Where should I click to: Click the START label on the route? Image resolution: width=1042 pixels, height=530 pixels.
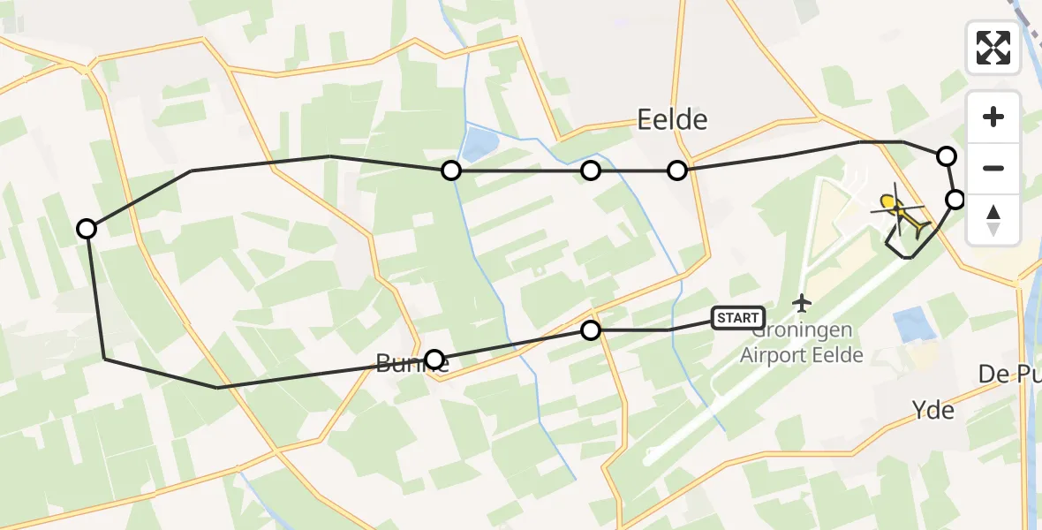pyautogui.click(x=737, y=318)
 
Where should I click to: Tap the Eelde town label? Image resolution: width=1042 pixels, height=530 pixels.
pyautogui.click(x=672, y=120)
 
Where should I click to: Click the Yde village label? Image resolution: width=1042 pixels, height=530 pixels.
pyautogui.click(x=934, y=411)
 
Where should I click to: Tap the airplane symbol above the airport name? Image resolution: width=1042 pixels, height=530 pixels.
pyautogui.click(x=802, y=304)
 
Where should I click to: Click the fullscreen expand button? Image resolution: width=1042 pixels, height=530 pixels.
pyautogui.click(x=993, y=48)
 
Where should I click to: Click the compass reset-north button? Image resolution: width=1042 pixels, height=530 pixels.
pyautogui.click(x=993, y=220)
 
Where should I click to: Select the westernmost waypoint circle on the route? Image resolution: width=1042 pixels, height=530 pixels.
pyautogui.click(x=87, y=229)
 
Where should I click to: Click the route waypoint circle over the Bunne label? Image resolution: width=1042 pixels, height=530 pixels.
pyautogui.click(x=434, y=359)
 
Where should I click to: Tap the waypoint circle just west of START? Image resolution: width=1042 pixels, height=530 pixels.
pyautogui.click(x=591, y=330)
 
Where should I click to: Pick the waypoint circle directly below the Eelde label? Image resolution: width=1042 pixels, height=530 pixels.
pyautogui.click(x=677, y=170)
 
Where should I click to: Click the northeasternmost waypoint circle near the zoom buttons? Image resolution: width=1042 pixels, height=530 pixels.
pyautogui.click(x=946, y=156)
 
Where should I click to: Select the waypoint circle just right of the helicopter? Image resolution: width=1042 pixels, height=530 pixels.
pyautogui.click(x=955, y=200)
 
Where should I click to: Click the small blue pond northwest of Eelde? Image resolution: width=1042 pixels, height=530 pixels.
pyautogui.click(x=478, y=143)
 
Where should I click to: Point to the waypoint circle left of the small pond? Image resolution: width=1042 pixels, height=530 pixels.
pyautogui.click(x=451, y=170)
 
